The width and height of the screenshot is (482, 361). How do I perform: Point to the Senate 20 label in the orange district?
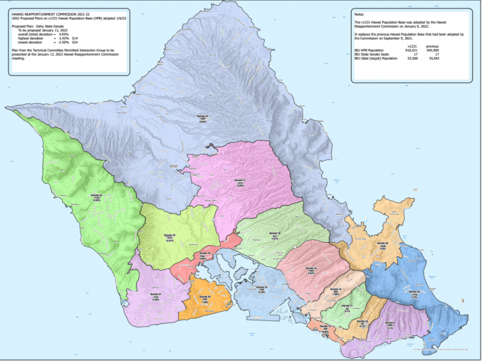pyautogui.click(x=205, y=298)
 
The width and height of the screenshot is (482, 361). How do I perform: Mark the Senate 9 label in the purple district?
pyautogui.click(x=390, y=325)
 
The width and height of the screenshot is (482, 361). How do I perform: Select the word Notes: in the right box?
pyautogui.click(x=359, y=13)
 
